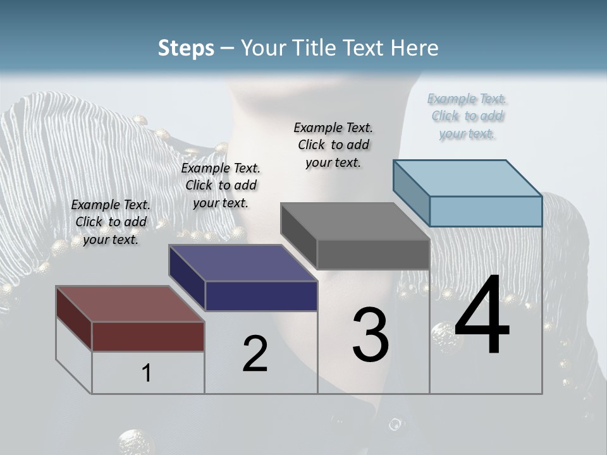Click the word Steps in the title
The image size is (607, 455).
(186, 48)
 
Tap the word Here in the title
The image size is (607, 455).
(415, 48)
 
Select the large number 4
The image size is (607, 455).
(482, 316)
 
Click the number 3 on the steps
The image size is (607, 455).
(371, 334)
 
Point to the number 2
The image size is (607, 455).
(255, 353)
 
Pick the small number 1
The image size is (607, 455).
(147, 373)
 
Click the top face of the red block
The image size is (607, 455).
(130, 304)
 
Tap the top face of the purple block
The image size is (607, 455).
(243, 263)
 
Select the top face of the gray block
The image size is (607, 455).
(355, 222)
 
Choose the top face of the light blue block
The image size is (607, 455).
(467, 178)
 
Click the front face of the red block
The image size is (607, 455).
(148, 336)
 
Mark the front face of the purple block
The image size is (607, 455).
(261, 296)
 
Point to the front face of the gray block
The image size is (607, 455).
(373, 255)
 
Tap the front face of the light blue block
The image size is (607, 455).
(486, 211)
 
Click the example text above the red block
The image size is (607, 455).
(111, 222)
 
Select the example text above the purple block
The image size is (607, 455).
(221, 185)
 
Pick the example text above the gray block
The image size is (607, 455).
(333, 145)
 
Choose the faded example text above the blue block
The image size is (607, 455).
(467, 116)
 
